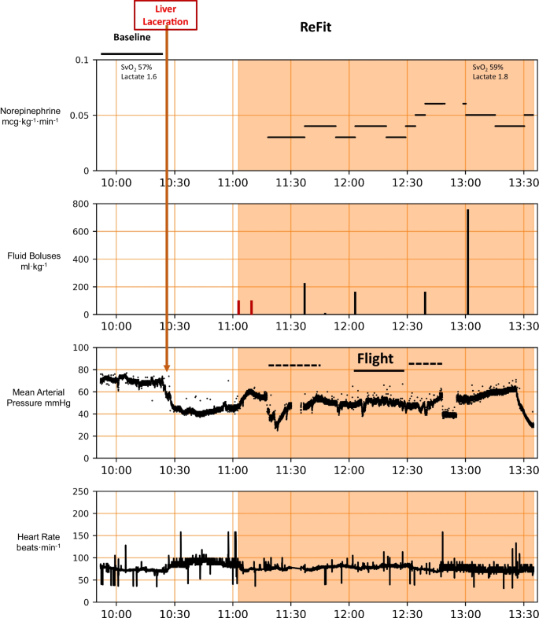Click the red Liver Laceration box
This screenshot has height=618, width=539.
(x=166, y=15)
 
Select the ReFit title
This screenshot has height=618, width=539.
(x=315, y=27)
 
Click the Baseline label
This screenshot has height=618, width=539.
(x=131, y=37)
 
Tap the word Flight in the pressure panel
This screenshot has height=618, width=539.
(x=375, y=359)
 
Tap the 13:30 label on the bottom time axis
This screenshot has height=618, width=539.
(x=522, y=610)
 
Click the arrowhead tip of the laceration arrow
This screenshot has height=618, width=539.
(x=167, y=370)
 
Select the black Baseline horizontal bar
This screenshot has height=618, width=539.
(x=131, y=54)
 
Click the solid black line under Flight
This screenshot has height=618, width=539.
(x=378, y=370)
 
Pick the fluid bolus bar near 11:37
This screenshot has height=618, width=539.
(x=305, y=300)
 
